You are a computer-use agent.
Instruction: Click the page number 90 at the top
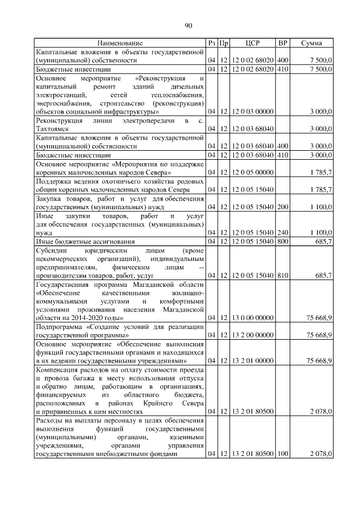tap(188, 25)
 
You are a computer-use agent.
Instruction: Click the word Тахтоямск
tap(54, 129)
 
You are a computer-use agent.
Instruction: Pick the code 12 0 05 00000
tap(252, 172)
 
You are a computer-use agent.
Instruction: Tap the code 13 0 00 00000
tap(252, 318)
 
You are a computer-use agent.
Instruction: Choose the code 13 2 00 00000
tap(252, 335)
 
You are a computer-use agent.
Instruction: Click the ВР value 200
tap(282, 208)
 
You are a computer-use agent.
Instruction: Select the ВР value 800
tap(282, 241)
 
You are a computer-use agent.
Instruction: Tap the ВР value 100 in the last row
tap(282, 453)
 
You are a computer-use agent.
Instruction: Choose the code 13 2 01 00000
tap(252, 361)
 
